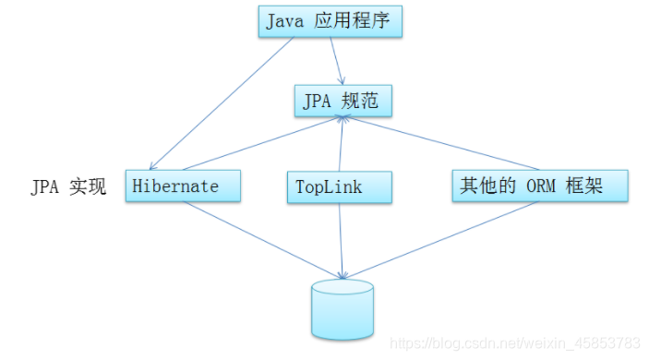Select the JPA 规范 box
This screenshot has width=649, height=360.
343,101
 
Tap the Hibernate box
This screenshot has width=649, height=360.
183,186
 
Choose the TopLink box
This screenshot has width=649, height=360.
339,187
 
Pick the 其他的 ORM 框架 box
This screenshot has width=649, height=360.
540,186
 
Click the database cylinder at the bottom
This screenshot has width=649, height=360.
343,309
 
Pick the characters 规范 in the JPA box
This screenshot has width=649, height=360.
362,101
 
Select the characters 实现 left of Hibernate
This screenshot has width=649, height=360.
90,187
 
